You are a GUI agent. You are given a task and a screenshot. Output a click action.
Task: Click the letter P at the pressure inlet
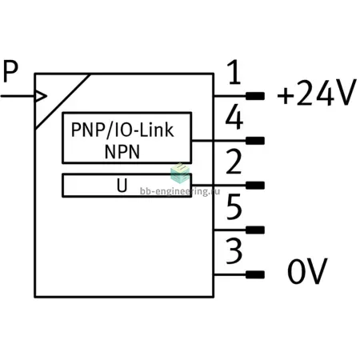10,71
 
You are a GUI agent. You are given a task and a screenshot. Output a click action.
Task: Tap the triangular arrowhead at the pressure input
41,96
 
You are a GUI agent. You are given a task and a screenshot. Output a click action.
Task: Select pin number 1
234,72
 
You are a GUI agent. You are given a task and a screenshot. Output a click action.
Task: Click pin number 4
234,117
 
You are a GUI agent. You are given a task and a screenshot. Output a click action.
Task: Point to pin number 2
234,162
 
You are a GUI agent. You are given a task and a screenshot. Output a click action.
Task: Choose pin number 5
234,206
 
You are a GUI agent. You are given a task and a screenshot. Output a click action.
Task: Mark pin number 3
234,251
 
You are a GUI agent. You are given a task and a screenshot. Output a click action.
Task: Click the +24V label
317,92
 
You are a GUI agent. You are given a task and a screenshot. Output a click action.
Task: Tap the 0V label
307,271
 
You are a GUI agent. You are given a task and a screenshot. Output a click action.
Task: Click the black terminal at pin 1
255,96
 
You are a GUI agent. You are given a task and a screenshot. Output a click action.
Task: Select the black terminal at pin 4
255,141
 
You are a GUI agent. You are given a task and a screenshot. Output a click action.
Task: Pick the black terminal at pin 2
255,186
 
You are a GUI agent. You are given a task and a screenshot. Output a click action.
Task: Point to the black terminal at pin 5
255,230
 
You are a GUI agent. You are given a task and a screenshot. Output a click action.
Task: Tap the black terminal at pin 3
255,274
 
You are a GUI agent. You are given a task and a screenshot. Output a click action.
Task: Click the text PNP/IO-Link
122,130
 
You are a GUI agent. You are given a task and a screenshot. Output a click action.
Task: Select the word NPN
122,152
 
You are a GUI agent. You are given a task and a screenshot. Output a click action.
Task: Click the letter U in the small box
122,185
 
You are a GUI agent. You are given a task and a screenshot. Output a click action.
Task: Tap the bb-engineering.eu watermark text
180,191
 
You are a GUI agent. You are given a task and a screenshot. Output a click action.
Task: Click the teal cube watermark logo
180,174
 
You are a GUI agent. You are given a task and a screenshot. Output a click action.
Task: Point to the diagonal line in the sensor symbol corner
62,102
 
